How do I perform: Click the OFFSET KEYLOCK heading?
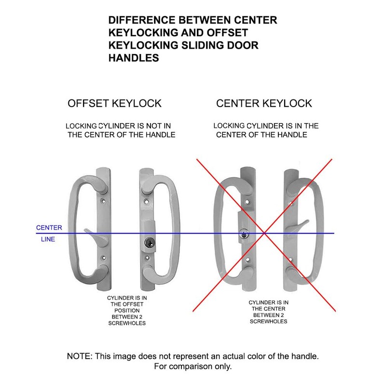(x=114, y=103)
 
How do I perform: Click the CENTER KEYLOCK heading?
(x=264, y=103)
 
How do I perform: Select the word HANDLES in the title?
(x=134, y=58)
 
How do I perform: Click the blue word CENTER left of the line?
(x=49, y=228)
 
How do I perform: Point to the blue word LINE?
(x=48, y=239)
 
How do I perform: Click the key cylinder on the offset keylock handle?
(x=149, y=243)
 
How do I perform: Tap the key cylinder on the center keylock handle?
(x=244, y=234)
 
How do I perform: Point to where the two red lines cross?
(x=264, y=233)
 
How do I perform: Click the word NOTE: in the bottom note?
(x=80, y=356)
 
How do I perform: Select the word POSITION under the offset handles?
(x=127, y=311)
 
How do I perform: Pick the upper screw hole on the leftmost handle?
(x=104, y=201)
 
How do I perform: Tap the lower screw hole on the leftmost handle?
(x=104, y=258)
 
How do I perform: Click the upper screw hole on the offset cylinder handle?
(x=147, y=201)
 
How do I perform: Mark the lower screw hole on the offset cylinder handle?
(x=147, y=258)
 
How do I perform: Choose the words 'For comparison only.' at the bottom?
(x=193, y=367)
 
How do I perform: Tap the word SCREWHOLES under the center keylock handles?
(x=268, y=321)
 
